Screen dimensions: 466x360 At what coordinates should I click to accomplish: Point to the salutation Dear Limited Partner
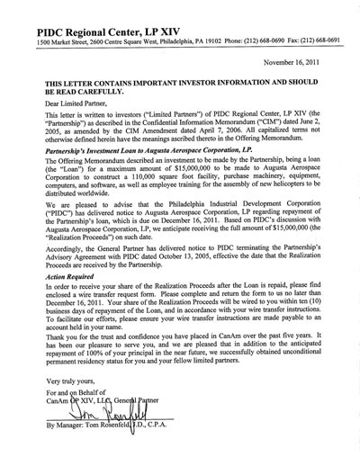62,103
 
